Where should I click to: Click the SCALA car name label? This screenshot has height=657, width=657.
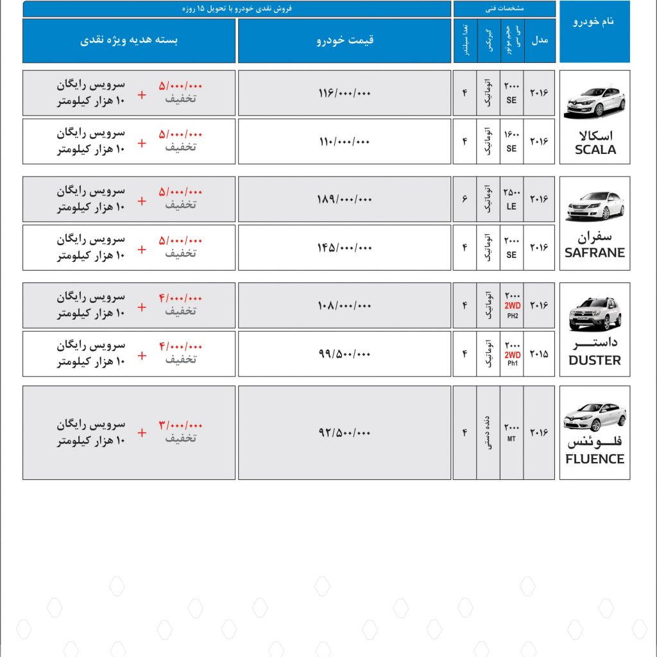[x=595, y=149]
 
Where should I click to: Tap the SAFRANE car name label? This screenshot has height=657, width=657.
[x=595, y=253]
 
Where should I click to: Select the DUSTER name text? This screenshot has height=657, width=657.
[x=595, y=361]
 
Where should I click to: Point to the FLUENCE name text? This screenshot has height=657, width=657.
[x=595, y=459]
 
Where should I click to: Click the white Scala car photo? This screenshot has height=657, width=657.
[x=595, y=101]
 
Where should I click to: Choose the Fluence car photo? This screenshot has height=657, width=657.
[x=595, y=416]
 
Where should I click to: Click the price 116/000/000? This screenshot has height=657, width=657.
[x=345, y=94]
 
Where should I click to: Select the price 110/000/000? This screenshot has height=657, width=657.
[x=345, y=141]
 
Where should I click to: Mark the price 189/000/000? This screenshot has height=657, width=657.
[x=345, y=200]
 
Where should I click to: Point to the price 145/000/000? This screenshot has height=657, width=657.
[x=345, y=248]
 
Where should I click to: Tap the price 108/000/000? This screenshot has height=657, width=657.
[x=345, y=306]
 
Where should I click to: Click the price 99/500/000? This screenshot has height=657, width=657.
[x=345, y=354]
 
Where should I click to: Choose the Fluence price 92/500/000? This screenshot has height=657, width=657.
[x=345, y=433]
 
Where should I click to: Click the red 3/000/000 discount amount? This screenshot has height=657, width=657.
[x=180, y=425]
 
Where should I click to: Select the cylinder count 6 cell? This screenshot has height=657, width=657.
[x=465, y=200]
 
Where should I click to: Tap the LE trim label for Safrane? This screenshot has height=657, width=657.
[x=511, y=207]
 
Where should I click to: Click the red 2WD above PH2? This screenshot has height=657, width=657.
[x=512, y=306]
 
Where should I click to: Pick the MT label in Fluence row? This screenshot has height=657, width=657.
[x=511, y=439]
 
